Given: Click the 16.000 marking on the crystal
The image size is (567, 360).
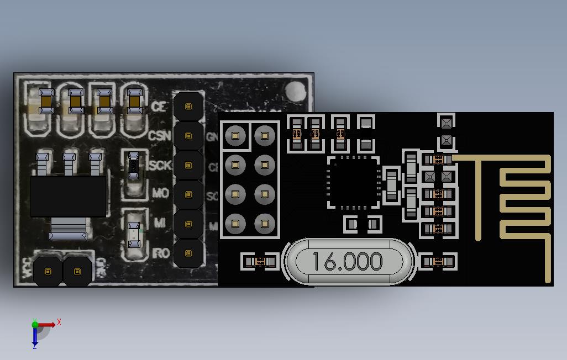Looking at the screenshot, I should tap(347, 261).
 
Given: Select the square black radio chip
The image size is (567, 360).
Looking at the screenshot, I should tap(354, 183).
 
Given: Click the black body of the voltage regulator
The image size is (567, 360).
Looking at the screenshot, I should tap(68, 196).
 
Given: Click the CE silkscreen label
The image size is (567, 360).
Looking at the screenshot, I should tap(159, 107).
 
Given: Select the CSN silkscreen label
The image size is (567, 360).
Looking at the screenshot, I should tap(160, 136).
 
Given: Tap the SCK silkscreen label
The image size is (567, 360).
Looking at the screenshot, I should tap(160, 165).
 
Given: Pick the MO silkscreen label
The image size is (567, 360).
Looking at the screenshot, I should tap(160, 194).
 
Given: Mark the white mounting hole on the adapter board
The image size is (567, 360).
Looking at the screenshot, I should tap(297, 90).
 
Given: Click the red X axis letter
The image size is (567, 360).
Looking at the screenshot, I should tap(59, 321).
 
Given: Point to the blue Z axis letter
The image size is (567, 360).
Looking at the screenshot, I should tap(34, 347).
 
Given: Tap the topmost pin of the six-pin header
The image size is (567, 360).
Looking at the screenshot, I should tap(188, 107).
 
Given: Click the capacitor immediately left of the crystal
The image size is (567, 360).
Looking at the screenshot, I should tap(260, 261).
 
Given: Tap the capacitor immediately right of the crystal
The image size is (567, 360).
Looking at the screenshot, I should tap(439, 261).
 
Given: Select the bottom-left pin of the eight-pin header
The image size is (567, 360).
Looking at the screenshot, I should tap(235, 224).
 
